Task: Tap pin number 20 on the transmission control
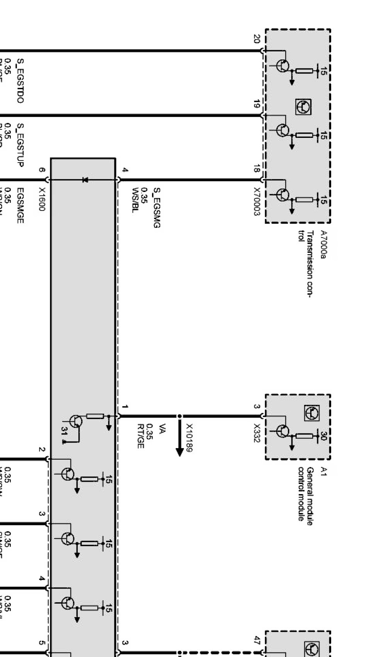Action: pyautogui.click(x=257, y=39)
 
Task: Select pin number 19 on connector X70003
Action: pyautogui.click(x=257, y=104)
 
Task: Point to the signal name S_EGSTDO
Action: pyautogui.click(x=20, y=80)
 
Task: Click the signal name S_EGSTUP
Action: pyautogui.click(x=20, y=145)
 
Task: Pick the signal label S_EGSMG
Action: pyautogui.click(x=156, y=207)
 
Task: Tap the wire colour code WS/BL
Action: pyautogui.click(x=135, y=201)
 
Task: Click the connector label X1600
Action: pyautogui.click(x=42, y=199)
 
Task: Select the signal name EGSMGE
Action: pyautogui.click(x=20, y=205)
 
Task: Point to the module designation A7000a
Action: pyautogui.click(x=323, y=244)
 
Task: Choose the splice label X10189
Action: pyautogui.click(x=189, y=437)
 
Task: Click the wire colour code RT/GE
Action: pyautogui.click(x=140, y=436)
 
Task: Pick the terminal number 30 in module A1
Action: pyautogui.click(x=324, y=436)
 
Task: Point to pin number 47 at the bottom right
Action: pyautogui.click(x=257, y=640)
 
